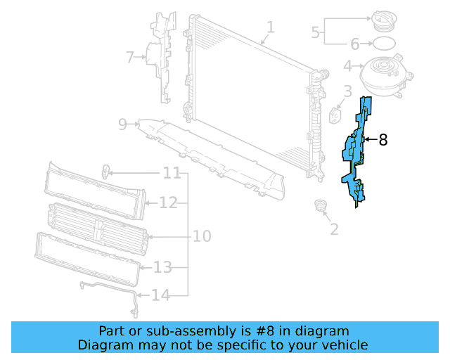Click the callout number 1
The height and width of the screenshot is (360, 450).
pos(270,28)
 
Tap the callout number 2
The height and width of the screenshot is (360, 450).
pos(334,229)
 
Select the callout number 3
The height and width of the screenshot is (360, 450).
pos(347,91)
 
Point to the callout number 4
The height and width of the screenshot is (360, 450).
pos(347,67)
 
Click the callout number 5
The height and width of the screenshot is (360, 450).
pos(316,31)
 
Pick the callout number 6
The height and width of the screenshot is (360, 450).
pos(355,44)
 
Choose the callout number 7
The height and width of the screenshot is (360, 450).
pos(129,57)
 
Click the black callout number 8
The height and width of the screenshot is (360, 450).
pos(382,140)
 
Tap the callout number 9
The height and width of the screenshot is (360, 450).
pos(122,124)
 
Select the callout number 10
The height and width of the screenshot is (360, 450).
pos(202,236)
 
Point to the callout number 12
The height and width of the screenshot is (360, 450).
pos(167,202)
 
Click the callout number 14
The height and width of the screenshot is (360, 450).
pos(161,295)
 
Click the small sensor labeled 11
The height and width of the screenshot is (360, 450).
pos(105,170)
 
